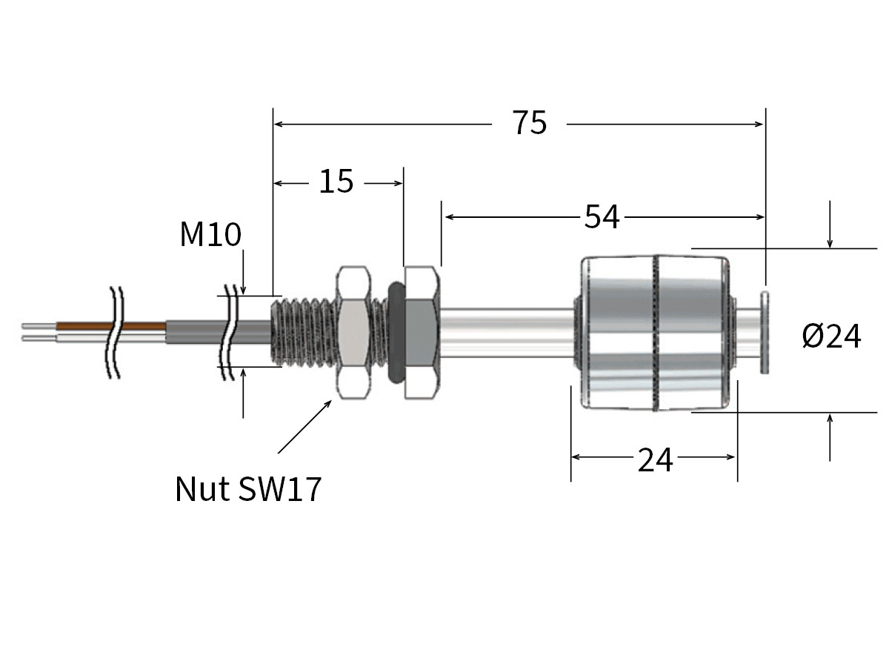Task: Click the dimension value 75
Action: click(x=529, y=123)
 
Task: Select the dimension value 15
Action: click(x=336, y=181)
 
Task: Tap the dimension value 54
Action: click(x=602, y=216)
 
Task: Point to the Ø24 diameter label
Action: click(x=831, y=337)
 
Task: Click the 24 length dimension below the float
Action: click(x=655, y=460)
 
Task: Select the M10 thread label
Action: click(x=210, y=235)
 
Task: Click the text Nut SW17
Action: click(x=248, y=489)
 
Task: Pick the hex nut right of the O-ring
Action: click(x=422, y=332)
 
